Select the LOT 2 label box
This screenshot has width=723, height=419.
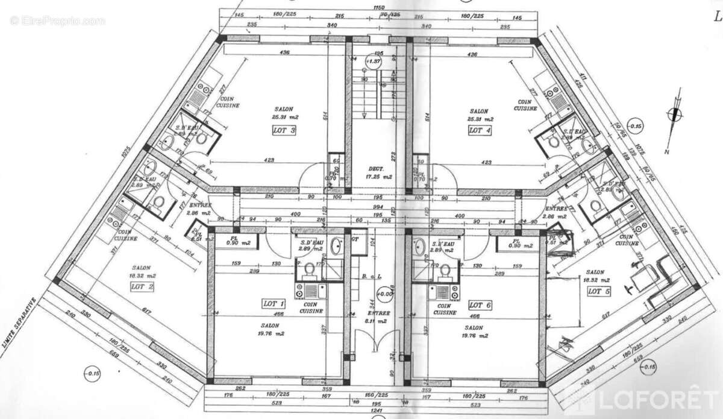click(142, 286)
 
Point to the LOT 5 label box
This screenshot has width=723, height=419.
click(599, 291)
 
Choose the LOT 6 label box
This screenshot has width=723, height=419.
click(480, 305)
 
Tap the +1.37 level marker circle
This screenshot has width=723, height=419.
click(374, 61)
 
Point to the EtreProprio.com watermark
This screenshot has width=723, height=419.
click(57, 20)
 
